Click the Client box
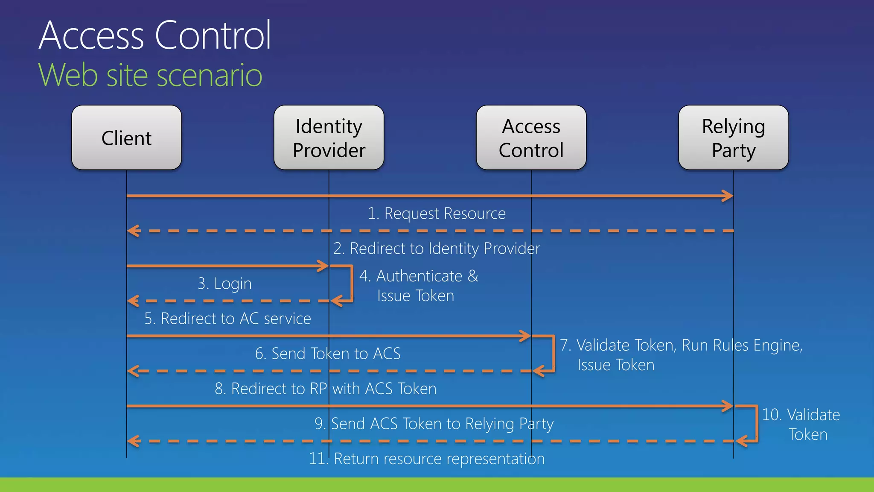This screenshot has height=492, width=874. (126, 138)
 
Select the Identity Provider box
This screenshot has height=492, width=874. (329, 138)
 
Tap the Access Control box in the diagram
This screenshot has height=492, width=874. (531, 138)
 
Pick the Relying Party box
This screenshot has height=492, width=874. (733, 138)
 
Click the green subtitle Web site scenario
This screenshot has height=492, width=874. (150, 75)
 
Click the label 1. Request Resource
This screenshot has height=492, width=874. (437, 213)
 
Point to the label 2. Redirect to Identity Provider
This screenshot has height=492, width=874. (437, 248)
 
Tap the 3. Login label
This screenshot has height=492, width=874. (224, 284)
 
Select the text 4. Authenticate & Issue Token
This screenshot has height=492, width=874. (418, 286)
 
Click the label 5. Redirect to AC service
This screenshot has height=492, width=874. (227, 319)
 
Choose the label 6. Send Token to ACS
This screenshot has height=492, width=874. (328, 354)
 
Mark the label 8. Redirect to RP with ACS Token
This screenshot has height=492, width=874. (326, 389)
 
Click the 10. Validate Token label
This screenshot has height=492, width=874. (801, 424)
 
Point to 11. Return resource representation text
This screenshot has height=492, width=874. (427, 459)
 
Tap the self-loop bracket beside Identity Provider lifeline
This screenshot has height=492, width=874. (352, 284)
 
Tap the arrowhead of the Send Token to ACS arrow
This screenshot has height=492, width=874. (526, 336)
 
